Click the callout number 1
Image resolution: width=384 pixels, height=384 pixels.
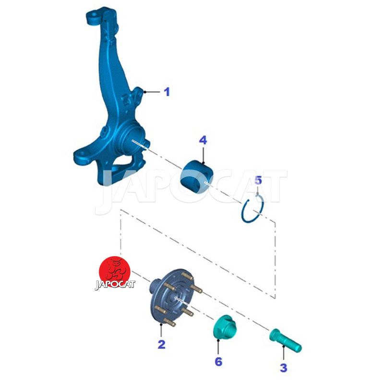(167, 92)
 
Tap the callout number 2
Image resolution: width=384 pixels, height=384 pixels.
(161, 344)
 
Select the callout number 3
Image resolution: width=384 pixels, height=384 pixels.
(283, 368)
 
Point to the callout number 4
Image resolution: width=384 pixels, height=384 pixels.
(203, 140)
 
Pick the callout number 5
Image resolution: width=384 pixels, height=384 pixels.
(258, 180)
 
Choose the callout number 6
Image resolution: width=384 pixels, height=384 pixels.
(218, 361)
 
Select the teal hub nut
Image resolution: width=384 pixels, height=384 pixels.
(225, 326)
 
